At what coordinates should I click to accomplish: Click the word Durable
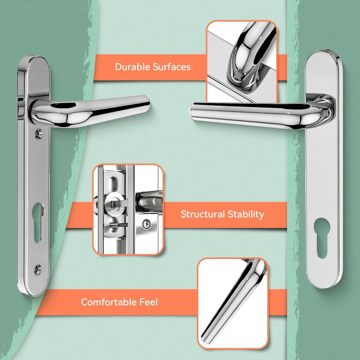tap(133, 67)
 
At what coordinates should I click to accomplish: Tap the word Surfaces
tap(172, 67)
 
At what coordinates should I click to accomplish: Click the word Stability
tap(246, 214)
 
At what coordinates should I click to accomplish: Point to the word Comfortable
tap(109, 302)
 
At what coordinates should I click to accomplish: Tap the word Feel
tap(149, 302)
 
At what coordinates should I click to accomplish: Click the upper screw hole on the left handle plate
tap(39, 134)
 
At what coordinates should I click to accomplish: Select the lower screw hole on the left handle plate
tap(38, 270)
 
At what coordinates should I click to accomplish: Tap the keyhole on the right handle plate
tap(322, 238)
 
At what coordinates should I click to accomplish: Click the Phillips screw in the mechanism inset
tap(147, 224)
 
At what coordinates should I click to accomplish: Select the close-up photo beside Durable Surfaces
tap(242, 62)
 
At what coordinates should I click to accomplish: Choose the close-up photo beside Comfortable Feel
tap(233, 303)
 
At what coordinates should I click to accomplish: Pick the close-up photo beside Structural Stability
tap(128, 210)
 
